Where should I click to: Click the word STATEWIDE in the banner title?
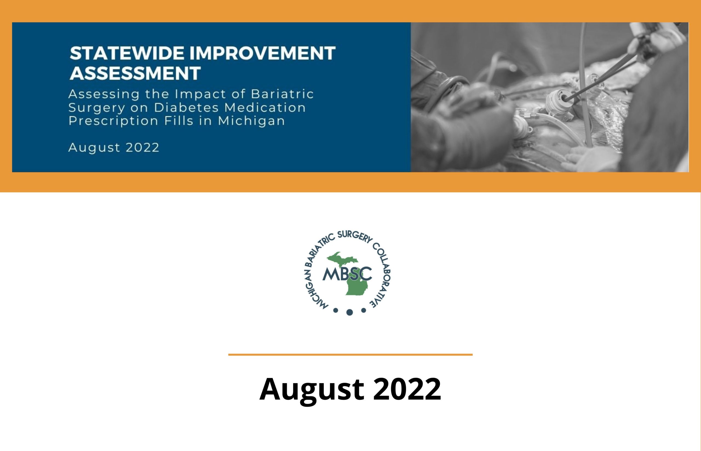point(127,53)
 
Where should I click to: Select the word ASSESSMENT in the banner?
point(135,73)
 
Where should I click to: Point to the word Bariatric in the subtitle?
point(282,94)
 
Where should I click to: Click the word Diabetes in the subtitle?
point(186,107)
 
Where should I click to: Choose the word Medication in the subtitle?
point(265,107)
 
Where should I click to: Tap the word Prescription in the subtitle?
point(113,121)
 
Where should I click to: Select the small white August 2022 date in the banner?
point(114,147)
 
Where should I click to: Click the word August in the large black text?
point(312,390)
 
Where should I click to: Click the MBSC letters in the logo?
point(347,274)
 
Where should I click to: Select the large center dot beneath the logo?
point(349,312)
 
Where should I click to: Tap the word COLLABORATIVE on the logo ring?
point(382,275)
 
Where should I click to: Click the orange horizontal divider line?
point(350,355)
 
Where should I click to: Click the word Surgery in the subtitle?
point(97,108)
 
